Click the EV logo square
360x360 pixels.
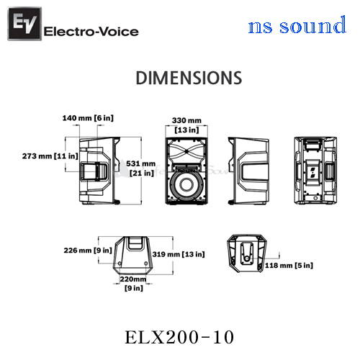click(x=24, y=24)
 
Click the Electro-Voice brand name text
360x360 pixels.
click(x=91, y=32)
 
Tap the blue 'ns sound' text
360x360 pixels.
click(x=297, y=25)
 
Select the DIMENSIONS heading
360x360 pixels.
click(x=189, y=78)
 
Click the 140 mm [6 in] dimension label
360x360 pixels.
click(x=88, y=118)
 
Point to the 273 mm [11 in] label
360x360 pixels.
click(x=50, y=156)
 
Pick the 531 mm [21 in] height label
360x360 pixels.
click(x=141, y=168)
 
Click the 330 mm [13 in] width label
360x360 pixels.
click(x=186, y=125)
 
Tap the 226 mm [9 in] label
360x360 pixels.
click(x=88, y=251)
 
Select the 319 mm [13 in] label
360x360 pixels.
click(x=179, y=254)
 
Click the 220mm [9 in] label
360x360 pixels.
click(x=133, y=284)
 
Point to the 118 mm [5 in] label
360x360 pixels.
click(x=289, y=266)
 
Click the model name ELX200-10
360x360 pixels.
click(x=179, y=337)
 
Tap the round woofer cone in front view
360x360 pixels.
click(x=186, y=184)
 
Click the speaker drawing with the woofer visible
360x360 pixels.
click(x=186, y=171)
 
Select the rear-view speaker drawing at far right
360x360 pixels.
click(x=315, y=171)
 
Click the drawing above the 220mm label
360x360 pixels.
click(x=132, y=256)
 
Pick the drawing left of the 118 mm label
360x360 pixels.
click(x=247, y=253)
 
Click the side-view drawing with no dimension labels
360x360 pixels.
click(x=248, y=171)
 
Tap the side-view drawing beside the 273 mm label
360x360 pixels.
click(x=99, y=171)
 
